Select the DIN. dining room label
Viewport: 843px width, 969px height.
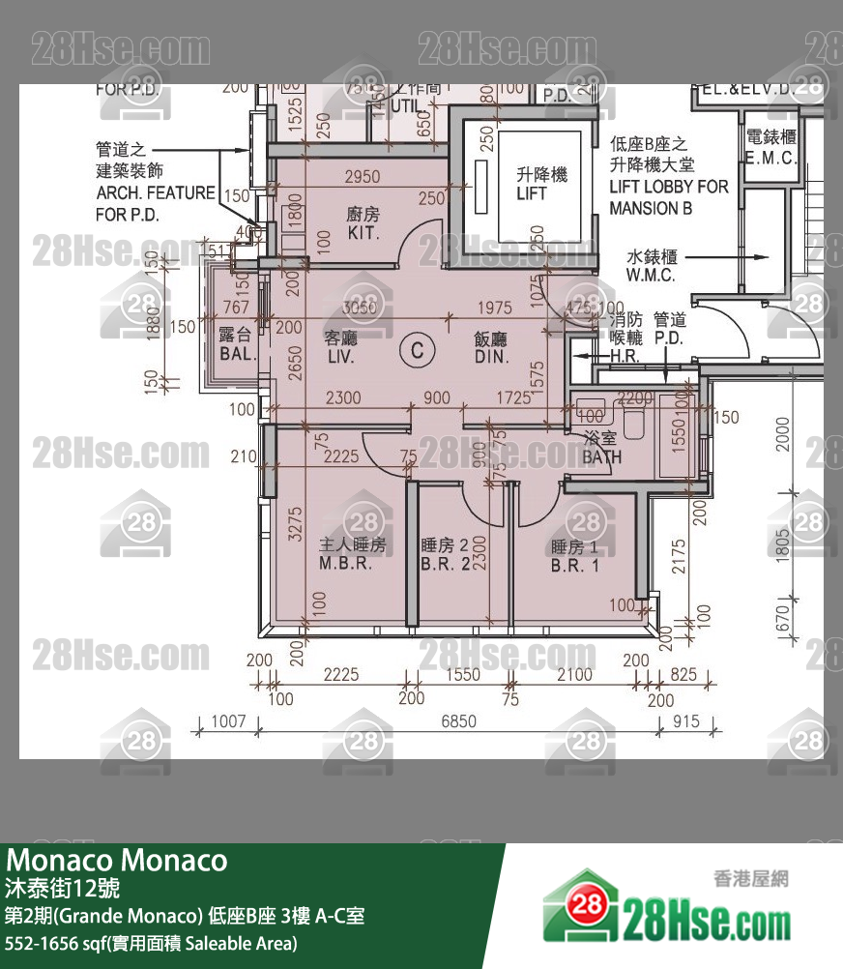(491, 357)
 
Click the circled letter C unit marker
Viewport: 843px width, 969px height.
(417, 350)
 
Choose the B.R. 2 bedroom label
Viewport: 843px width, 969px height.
(446, 565)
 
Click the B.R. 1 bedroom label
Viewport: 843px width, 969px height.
(575, 566)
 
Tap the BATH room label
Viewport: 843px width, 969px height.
(602, 457)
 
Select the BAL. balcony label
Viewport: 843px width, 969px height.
(238, 354)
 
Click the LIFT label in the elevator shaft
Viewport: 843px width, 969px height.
(531, 193)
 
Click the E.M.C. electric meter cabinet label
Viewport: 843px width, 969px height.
(770, 158)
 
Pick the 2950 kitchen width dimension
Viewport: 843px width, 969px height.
(363, 177)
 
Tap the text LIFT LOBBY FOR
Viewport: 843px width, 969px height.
(669, 187)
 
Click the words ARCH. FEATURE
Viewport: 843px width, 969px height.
(156, 192)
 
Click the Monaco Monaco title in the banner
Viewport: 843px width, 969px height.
(117, 860)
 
